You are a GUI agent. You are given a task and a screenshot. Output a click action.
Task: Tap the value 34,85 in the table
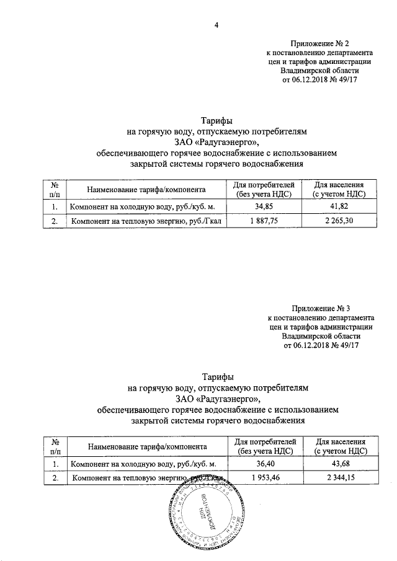click(264, 206)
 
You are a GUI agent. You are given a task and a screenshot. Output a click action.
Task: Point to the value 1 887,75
click(264, 220)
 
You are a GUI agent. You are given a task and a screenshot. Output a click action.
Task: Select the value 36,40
click(265, 463)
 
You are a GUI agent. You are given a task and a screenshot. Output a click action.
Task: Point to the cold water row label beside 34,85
click(143, 206)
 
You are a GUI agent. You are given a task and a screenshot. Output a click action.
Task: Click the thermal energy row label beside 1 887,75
click(149, 220)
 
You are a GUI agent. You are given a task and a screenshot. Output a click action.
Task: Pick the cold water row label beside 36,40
click(143, 463)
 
